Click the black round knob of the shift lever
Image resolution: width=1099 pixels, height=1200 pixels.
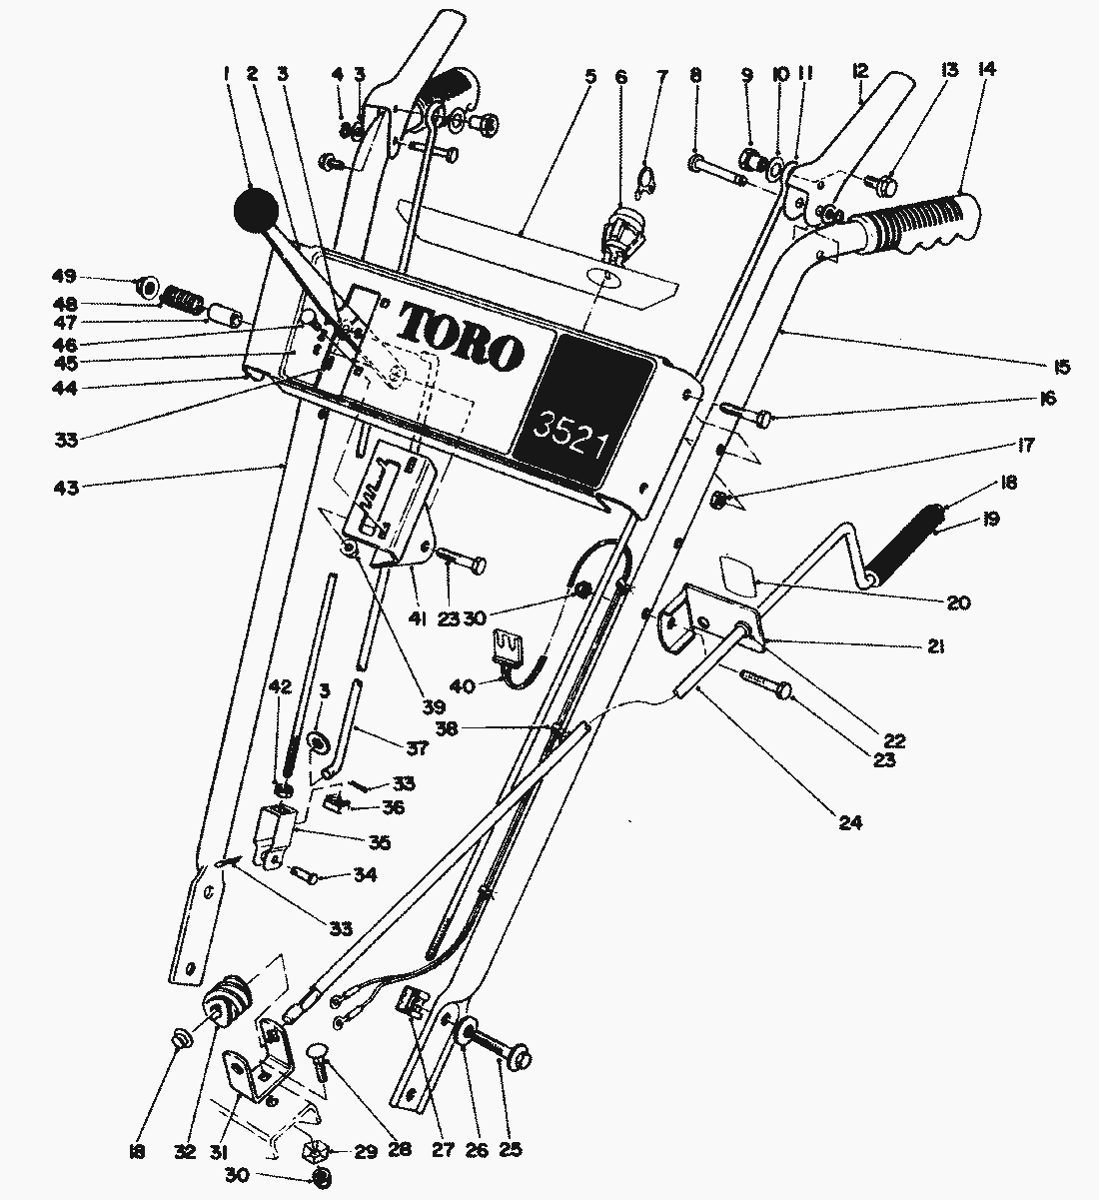point(256,210)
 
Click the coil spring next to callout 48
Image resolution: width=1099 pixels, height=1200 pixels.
point(182,299)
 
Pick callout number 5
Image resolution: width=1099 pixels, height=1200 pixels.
point(591,74)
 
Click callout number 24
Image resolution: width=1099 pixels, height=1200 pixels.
point(850,824)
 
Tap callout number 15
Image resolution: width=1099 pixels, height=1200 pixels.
point(1061,367)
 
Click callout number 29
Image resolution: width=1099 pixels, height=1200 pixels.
point(367,1152)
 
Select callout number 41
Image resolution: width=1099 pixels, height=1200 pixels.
point(417,619)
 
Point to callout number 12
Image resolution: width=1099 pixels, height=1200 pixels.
point(861,72)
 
